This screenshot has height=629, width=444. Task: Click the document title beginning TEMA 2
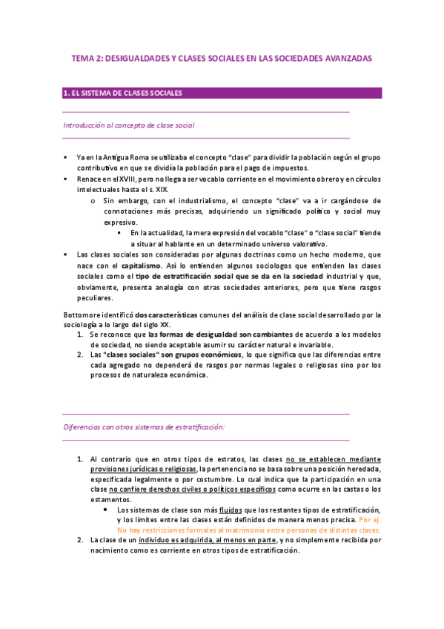(222, 57)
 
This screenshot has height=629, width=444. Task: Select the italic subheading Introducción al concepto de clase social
(129, 125)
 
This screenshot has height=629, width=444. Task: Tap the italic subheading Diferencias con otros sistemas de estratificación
(144, 427)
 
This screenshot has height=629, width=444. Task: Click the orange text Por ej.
(370, 521)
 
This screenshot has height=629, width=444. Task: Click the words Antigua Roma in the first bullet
(125, 157)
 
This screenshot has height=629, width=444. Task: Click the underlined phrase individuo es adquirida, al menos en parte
(192, 541)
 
